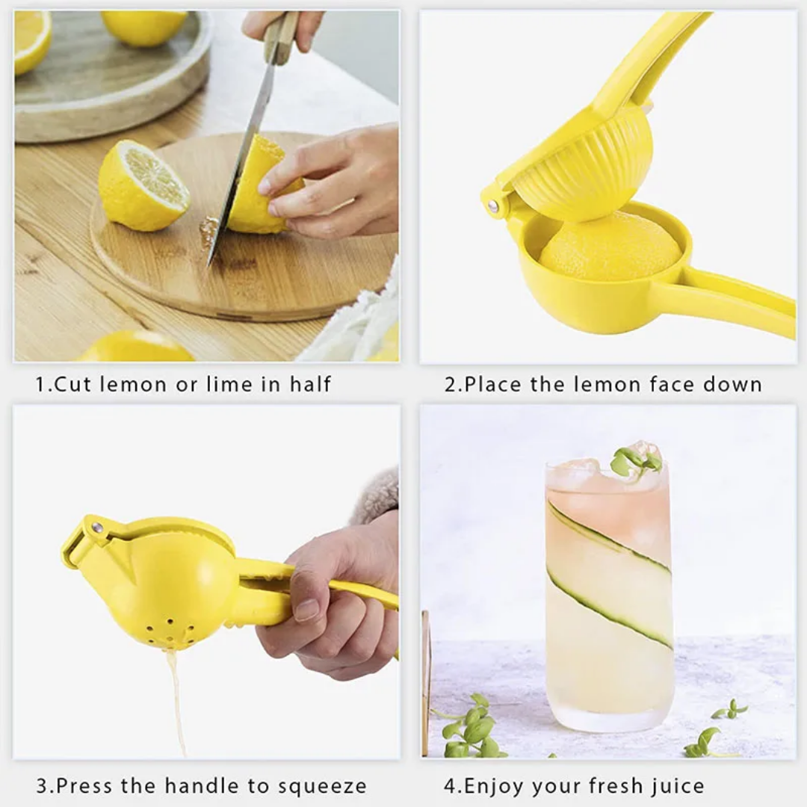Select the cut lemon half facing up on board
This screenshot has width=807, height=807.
click(x=143, y=186)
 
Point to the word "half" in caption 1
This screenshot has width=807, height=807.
click(x=310, y=384)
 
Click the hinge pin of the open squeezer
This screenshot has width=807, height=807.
click(x=492, y=206)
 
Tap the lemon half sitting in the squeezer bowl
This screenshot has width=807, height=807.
click(x=610, y=247)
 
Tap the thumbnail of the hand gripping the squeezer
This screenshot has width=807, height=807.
click(x=307, y=610)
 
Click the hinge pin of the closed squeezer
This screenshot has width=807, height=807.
click(x=96, y=527)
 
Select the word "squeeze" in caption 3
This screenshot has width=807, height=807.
click(x=322, y=787)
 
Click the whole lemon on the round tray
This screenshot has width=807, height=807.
click(x=144, y=27)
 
